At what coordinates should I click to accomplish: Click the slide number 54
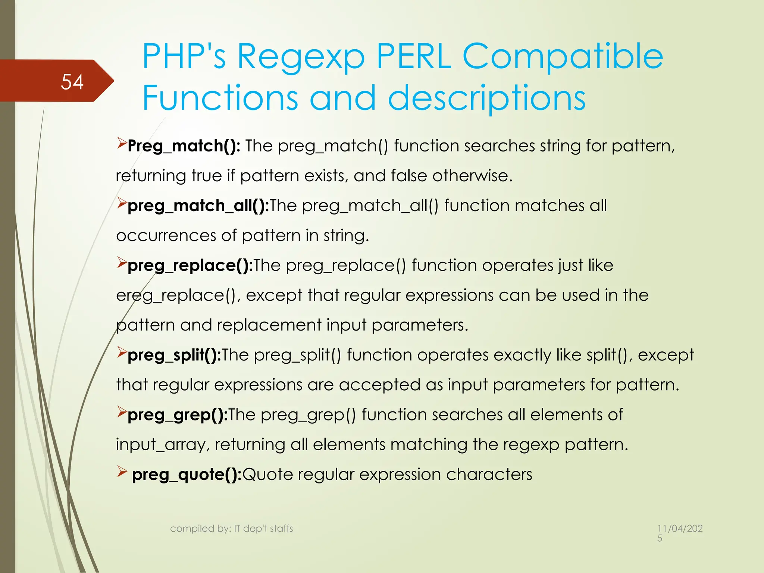tap(72, 82)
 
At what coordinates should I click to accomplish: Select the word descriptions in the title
tap(487, 98)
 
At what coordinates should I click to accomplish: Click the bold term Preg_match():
tap(184, 146)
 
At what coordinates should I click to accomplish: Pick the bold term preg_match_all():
tap(198, 206)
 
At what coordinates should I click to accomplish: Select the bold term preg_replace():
tap(190, 265)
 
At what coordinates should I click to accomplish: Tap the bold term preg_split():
tap(174, 355)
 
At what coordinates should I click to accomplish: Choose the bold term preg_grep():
tap(178, 414)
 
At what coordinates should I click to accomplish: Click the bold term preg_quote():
tap(187, 474)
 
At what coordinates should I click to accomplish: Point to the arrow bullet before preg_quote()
tap(122, 472)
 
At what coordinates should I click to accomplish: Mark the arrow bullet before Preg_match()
tap(122, 143)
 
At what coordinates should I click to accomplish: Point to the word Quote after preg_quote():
tap(267, 475)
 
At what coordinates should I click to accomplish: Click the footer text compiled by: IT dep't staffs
tap(231, 528)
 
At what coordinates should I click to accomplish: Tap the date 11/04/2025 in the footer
tap(680, 532)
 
